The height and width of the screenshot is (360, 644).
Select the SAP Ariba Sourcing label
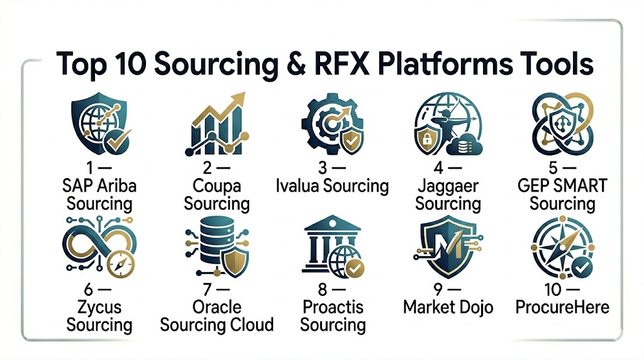click(99, 195)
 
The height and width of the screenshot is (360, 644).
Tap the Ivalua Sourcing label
click(333, 186)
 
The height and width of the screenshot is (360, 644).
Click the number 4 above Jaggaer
click(433, 169)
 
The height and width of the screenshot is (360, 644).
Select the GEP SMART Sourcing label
click(562, 195)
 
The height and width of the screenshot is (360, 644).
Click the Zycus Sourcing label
click(99, 317)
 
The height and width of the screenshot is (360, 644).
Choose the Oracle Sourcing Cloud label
click(217, 317)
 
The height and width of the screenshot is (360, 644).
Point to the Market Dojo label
click(448, 308)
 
